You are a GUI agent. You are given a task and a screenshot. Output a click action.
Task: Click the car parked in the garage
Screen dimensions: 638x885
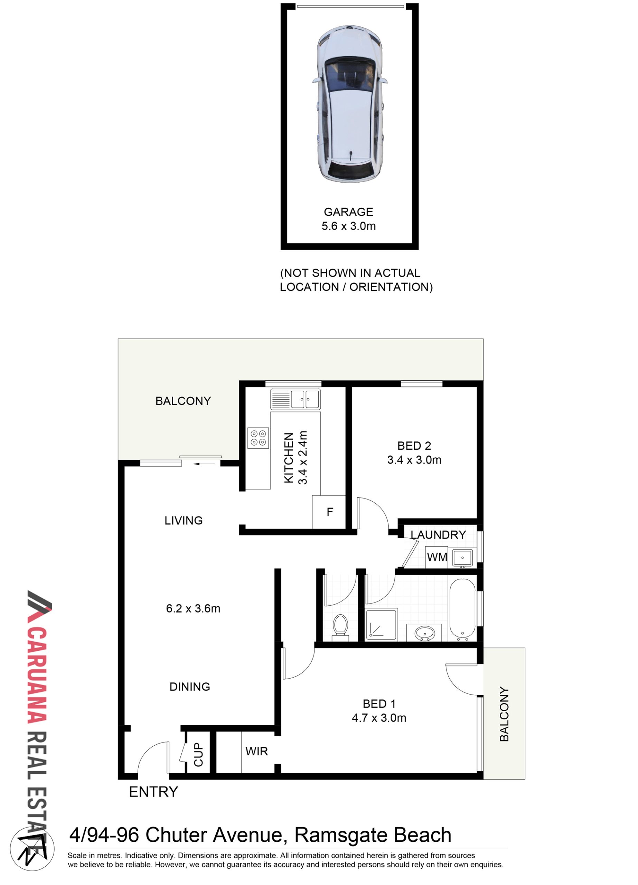[x=350, y=104]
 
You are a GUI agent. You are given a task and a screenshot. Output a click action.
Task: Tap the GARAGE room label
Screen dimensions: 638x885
[x=348, y=212]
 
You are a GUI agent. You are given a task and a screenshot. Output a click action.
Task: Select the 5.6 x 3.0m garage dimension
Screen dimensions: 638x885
[x=348, y=226]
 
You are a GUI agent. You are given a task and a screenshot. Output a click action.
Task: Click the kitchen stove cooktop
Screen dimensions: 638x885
[x=258, y=438]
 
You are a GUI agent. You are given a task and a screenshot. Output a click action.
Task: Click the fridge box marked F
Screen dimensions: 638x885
[x=329, y=512]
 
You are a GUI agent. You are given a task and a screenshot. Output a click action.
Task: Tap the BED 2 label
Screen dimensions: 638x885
[x=414, y=446]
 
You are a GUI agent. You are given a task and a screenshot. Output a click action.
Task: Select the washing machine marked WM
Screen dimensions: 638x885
[x=437, y=557]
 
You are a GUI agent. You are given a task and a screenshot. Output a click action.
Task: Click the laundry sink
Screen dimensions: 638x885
[x=462, y=558]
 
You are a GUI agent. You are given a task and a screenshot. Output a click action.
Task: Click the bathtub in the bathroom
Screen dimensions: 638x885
[x=462, y=609]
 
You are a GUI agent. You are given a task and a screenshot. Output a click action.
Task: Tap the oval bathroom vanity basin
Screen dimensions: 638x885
[x=424, y=632]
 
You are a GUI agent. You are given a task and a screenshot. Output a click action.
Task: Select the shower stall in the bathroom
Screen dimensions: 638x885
[x=381, y=624]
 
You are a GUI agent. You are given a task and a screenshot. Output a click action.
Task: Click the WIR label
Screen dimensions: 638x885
[x=256, y=751]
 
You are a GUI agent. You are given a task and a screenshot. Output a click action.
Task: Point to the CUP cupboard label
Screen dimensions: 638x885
[x=198, y=754]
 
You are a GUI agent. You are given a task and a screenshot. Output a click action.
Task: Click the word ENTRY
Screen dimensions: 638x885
[x=153, y=792]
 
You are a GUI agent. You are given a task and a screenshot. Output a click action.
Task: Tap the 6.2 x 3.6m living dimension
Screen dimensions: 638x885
[x=193, y=608]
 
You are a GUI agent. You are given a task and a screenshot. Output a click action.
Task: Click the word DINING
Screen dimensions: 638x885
[x=190, y=686]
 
